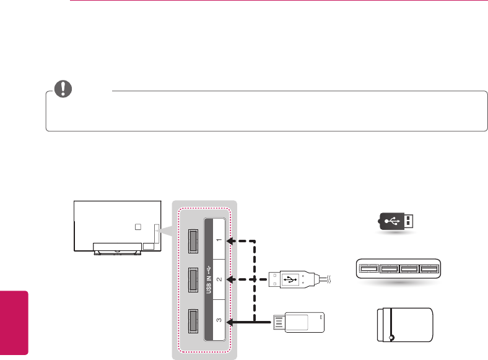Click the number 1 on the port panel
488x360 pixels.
coord(216,239)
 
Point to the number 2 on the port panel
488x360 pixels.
coord(216,279)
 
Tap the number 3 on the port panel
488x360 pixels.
coord(216,321)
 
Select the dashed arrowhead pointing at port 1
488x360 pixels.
coord(230,240)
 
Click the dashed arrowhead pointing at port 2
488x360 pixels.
coord(230,279)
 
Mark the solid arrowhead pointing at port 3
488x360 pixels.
coord(230,322)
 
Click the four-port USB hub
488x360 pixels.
coord(396,269)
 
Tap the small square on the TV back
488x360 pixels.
coord(139,227)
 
